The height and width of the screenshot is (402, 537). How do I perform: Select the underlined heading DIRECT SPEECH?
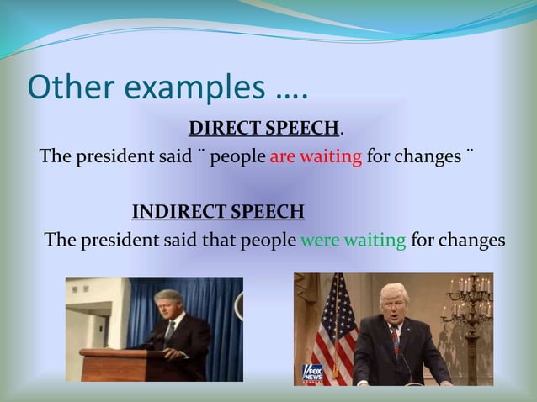[264, 129]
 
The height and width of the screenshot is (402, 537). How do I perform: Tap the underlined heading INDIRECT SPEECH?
[218, 210]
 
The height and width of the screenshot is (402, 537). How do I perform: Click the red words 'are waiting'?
[316, 157]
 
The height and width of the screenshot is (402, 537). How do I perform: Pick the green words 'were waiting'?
[353, 240]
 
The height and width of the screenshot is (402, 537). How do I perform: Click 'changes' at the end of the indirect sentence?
[473, 240]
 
